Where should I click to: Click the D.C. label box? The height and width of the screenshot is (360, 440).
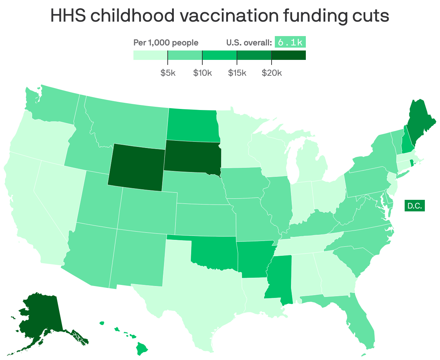click(414, 206)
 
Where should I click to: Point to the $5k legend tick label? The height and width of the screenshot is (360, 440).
click(168, 73)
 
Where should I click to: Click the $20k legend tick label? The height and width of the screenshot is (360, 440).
click(272, 73)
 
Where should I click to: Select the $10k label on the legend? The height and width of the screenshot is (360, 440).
click(202, 73)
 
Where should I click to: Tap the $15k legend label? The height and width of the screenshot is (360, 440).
click(237, 73)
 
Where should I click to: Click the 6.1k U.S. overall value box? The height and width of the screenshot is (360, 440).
click(290, 43)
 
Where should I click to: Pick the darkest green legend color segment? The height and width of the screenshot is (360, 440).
click(289, 55)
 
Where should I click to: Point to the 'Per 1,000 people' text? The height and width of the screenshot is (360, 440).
click(166, 43)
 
